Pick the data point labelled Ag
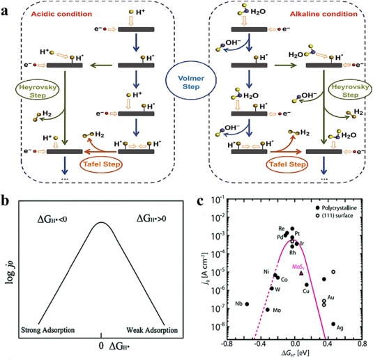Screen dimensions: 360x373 [333, 324]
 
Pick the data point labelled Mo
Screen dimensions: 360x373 [267, 309]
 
